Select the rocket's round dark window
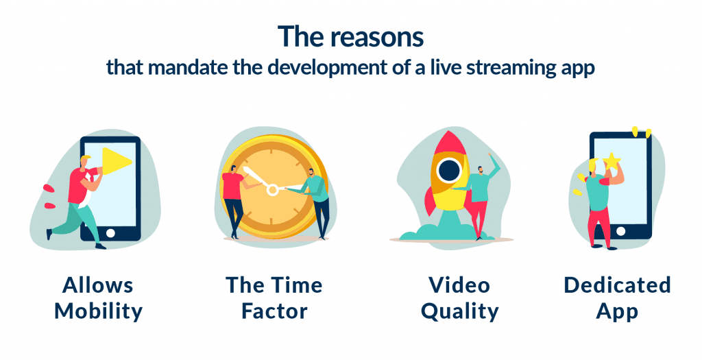tap(449, 169)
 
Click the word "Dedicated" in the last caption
tap(617, 285)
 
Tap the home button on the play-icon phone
tap(110, 232)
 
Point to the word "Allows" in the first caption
tap(98, 285)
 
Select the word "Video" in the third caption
tap(460, 285)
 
